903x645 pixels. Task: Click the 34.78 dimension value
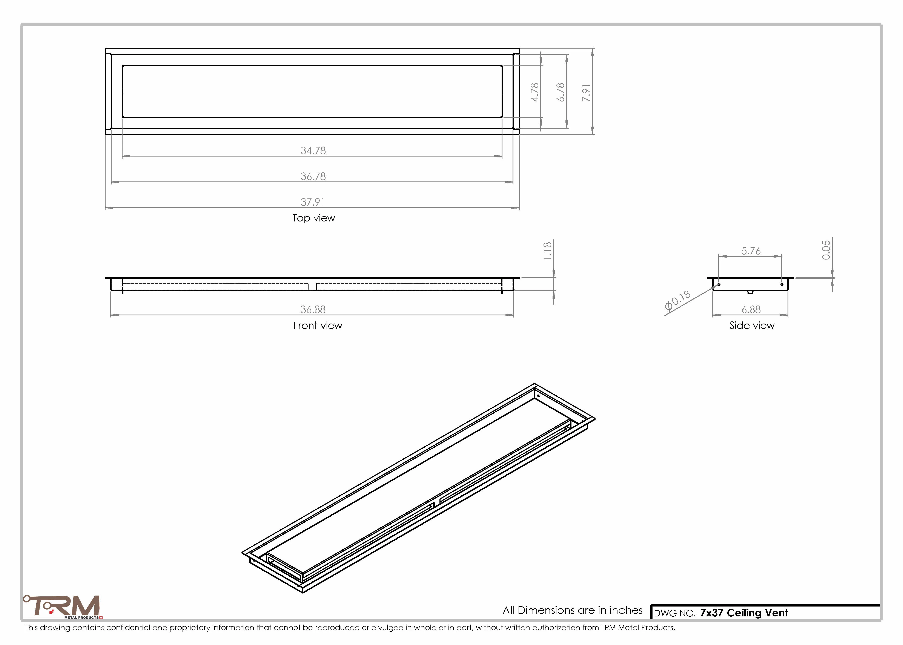pos(313,150)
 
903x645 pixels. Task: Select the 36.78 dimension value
pos(313,176)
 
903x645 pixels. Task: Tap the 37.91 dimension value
pos(313,202)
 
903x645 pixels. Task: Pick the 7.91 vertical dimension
pos(586,92)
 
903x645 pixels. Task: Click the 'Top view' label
pos(314,218)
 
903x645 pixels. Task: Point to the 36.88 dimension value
pos(313,309)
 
